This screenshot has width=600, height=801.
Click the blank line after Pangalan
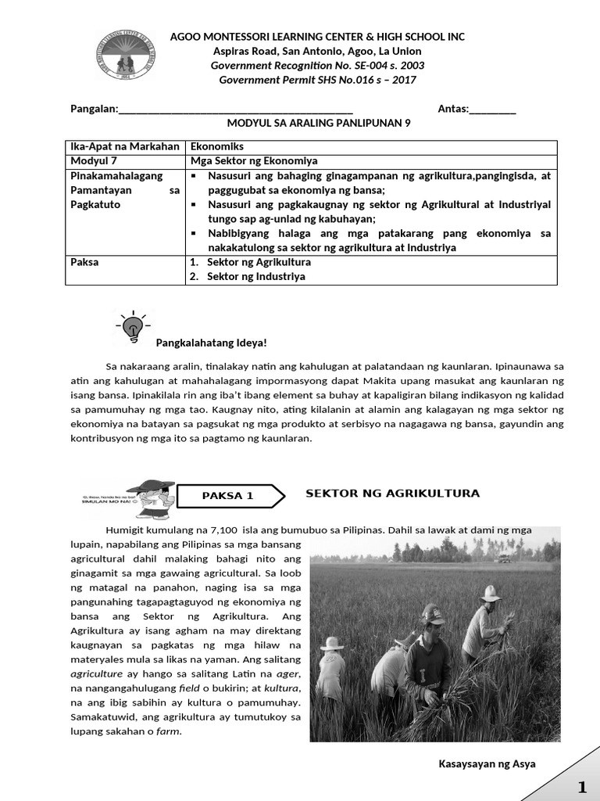(235, 109)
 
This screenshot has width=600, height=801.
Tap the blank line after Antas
(492, 109)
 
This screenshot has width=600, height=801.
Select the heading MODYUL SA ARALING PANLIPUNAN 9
(318, 124)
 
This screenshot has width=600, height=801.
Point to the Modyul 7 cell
(94, 160)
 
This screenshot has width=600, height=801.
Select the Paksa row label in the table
(85, 262)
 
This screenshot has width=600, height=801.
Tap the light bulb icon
(134, 326)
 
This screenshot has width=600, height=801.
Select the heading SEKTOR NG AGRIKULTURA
(392, 494)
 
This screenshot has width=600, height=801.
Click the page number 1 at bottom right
(581, 785)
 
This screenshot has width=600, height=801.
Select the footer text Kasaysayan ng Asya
(487, 763)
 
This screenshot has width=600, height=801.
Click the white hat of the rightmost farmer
(491, 594)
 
